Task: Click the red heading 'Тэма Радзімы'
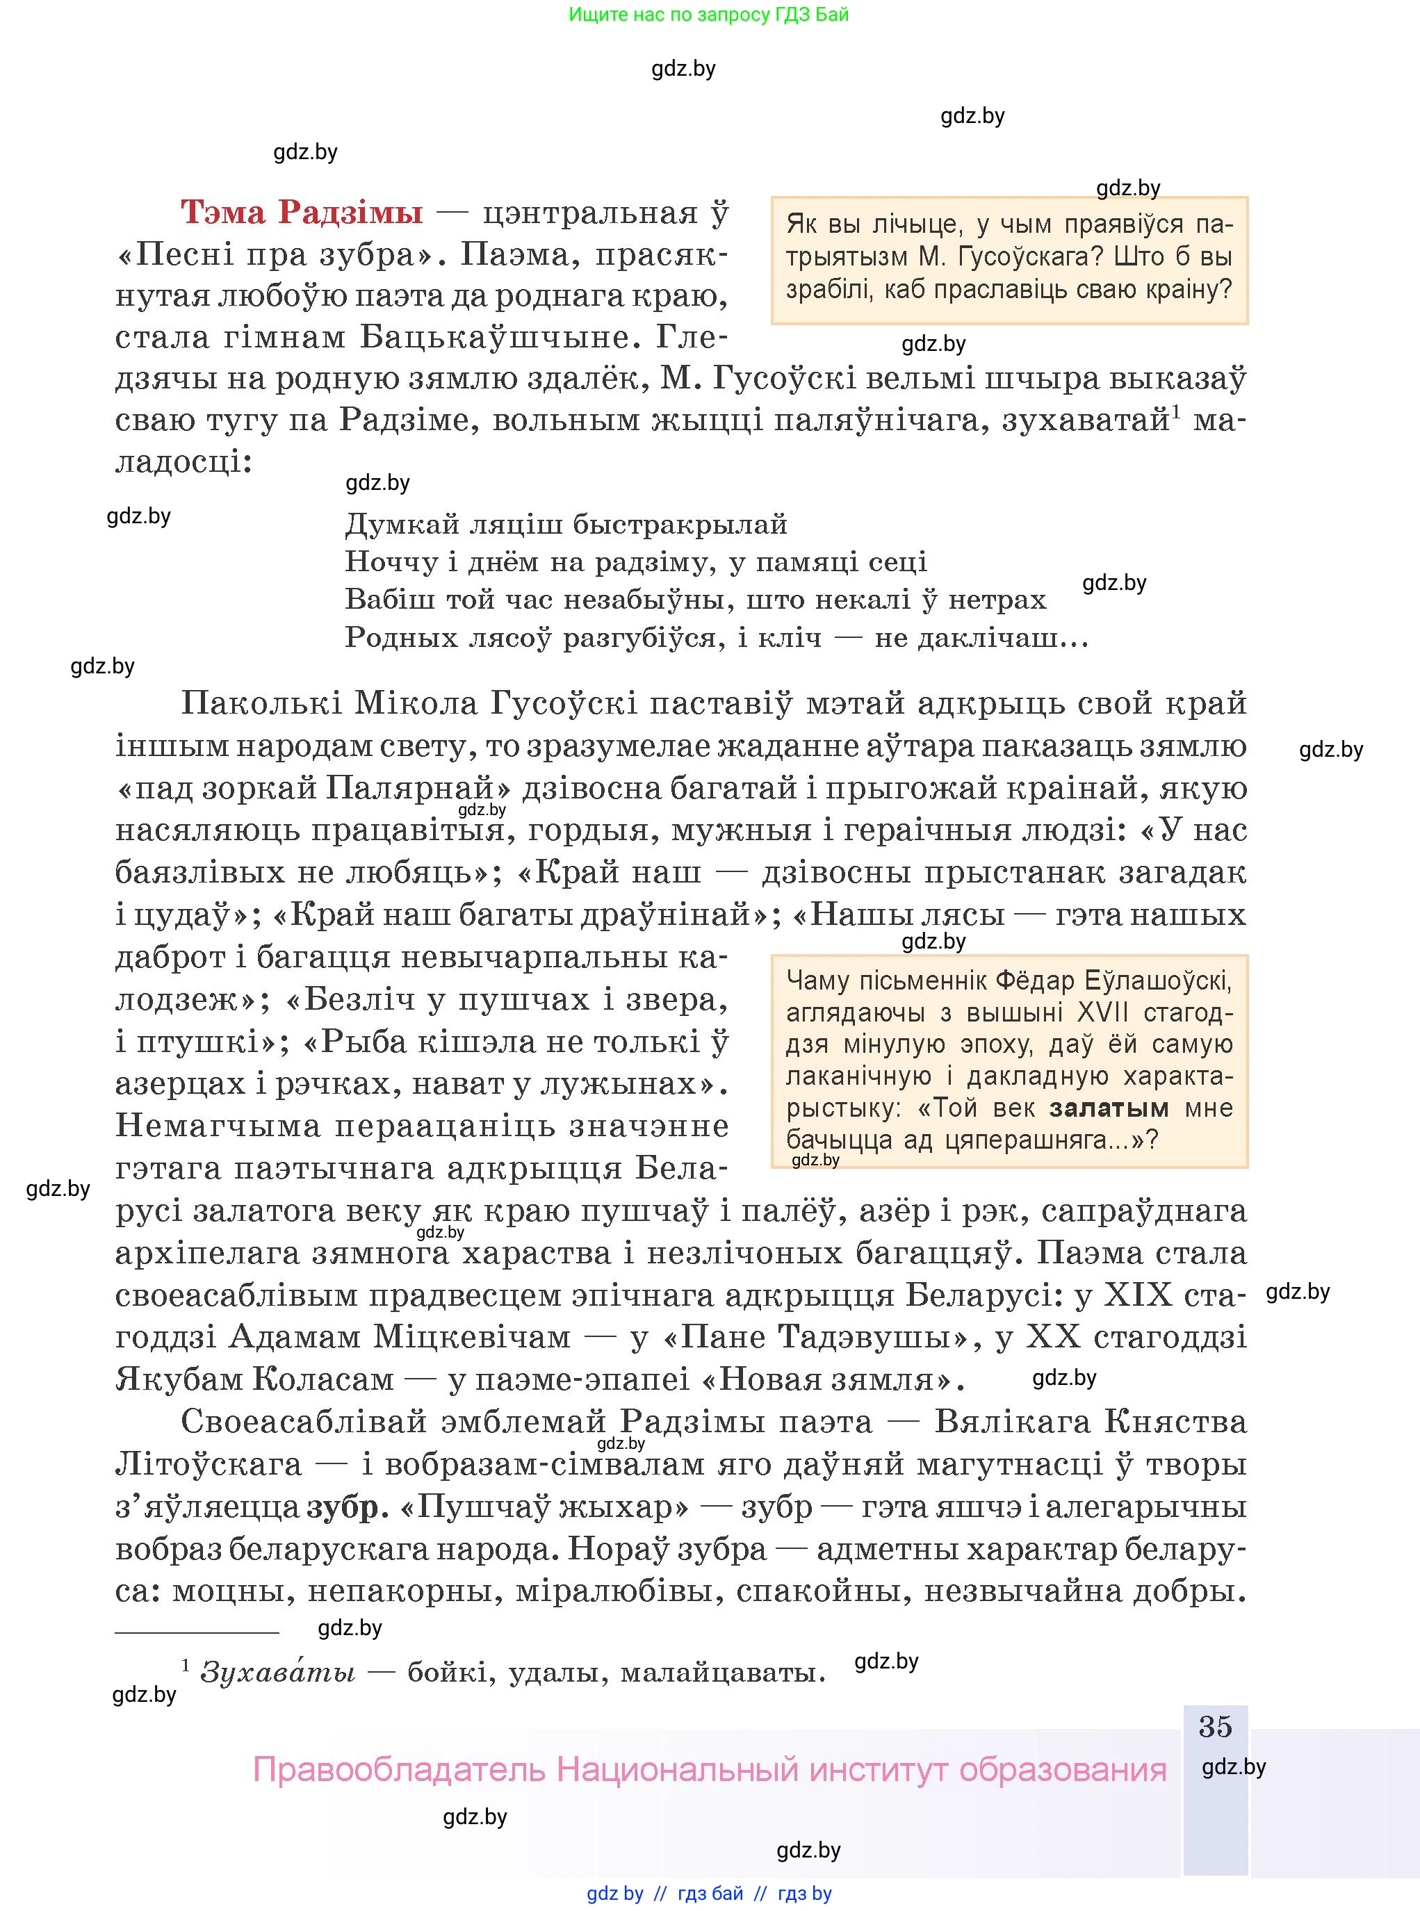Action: (302, 212)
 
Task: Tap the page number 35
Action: (1214, 1726)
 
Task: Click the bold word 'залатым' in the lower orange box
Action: (1108, 1108)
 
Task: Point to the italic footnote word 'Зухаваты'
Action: (277, 1672)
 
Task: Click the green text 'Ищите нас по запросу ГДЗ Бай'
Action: (708, 15)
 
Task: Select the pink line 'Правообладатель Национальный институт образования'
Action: (709, 1770)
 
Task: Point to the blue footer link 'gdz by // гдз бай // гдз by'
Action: (708, 1893)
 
